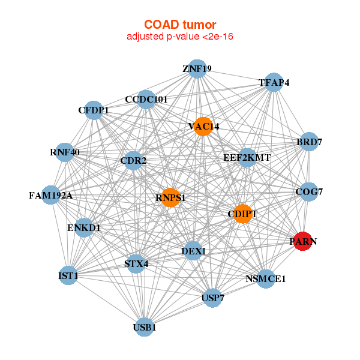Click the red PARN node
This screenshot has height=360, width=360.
pos(302,241)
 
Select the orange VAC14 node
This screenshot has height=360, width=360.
pos(203,127)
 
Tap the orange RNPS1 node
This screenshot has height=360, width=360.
pos(170,197)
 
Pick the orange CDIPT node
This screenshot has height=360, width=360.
pos(242,214)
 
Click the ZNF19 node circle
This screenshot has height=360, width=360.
pos(197,69)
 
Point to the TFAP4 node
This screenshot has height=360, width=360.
pos(274,82)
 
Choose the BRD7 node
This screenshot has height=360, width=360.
pos(309,142)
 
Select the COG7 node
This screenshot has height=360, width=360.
pos(309,192)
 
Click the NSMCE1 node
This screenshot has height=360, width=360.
pos(266,278)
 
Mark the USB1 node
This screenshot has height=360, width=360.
pos(144,327)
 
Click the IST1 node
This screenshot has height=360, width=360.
pos(68,275)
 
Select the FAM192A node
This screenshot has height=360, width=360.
pos(51,195)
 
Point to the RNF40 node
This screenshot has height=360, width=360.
pos(65,152)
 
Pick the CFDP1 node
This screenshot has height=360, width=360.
pos(94,110)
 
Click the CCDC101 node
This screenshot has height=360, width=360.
pos(146,99)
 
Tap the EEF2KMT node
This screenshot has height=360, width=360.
pos(247,158)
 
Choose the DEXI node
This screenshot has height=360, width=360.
pos(193,251)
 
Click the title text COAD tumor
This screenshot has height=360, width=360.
pos(179,25)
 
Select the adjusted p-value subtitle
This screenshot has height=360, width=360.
pos(179,37)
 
